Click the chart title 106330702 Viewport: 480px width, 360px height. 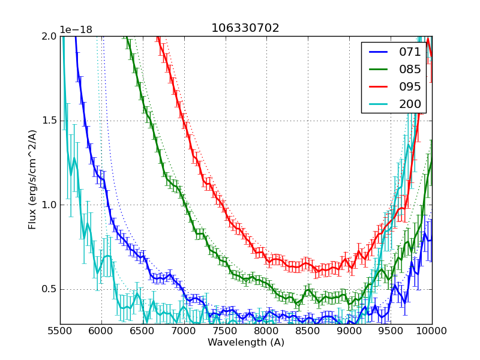point(245,28)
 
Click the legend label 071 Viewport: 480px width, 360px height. point(410,52)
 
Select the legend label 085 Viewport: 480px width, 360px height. point(410,69)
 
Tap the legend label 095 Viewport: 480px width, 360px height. point(410,86)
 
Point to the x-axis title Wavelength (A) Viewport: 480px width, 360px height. point(246,342)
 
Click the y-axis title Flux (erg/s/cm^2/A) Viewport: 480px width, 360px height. point(32,180)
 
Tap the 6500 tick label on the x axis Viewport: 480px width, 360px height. point(143,331)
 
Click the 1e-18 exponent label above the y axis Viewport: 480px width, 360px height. point(76,30)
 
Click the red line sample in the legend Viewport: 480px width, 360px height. point(379,86)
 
